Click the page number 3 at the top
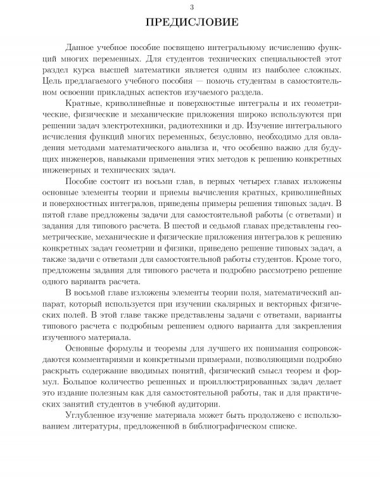click(190, 6)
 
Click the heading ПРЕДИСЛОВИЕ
click(190, 23)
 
